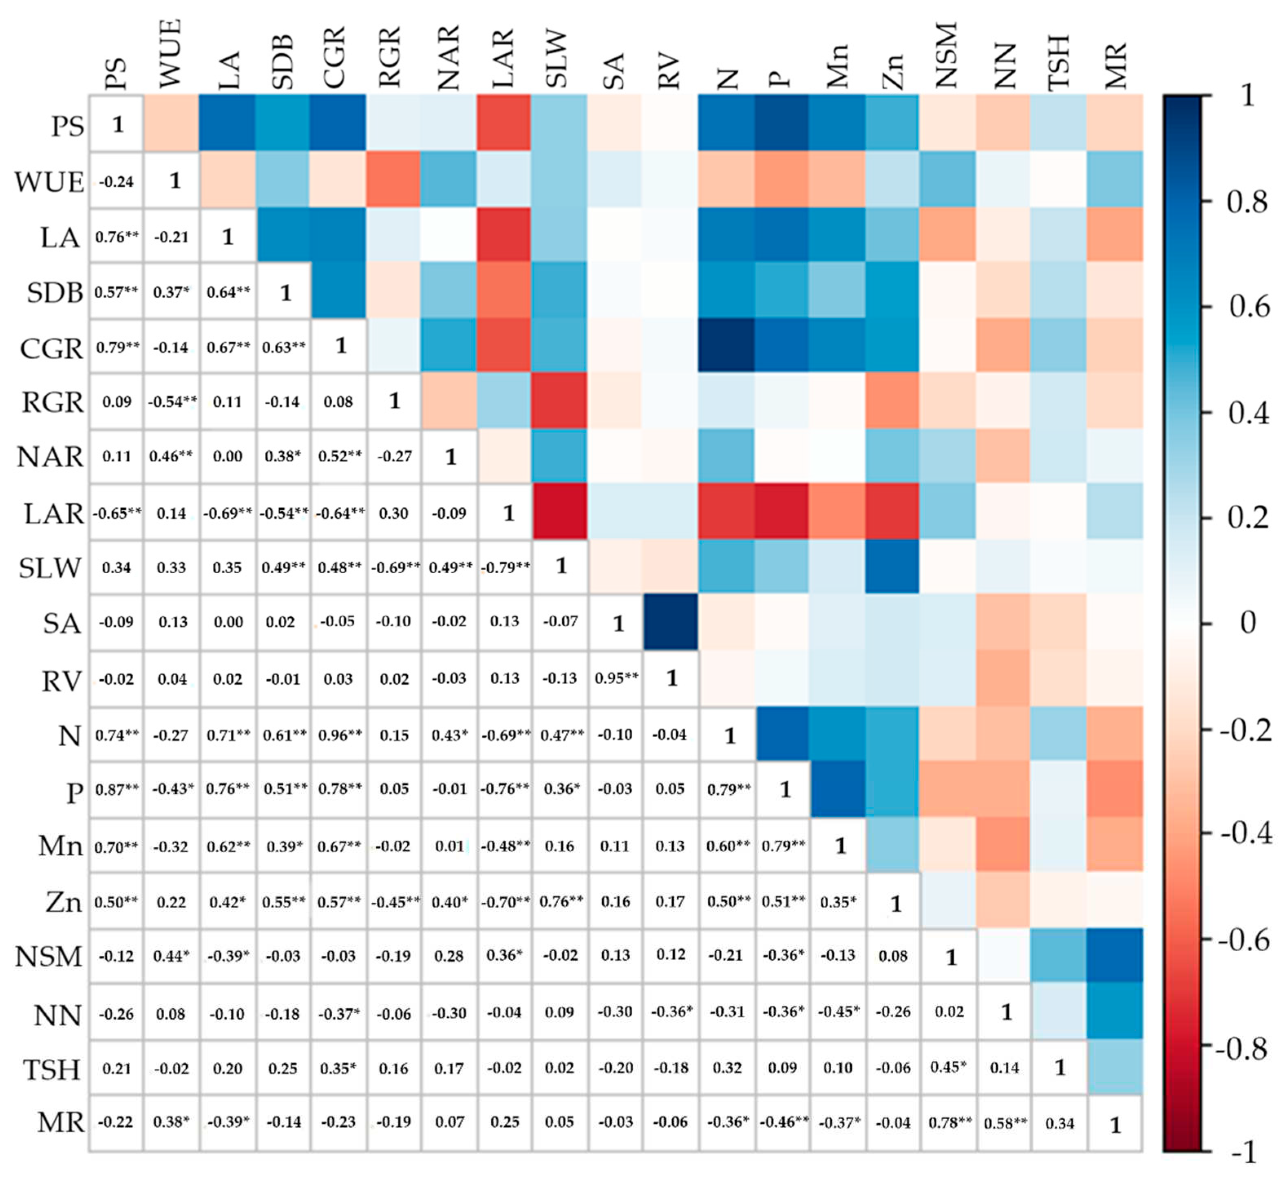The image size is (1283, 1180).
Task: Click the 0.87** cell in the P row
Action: (116, 789)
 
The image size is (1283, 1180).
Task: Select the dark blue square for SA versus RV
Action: (670, 622)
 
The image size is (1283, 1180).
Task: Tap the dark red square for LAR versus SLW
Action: (559, 511)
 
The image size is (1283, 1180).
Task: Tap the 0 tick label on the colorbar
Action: (1247, 623)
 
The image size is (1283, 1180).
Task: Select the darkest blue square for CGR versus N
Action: (727, 345)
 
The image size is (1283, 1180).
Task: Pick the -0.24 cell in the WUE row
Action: (116, 182)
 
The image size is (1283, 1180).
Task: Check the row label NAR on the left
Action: (50, 457)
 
